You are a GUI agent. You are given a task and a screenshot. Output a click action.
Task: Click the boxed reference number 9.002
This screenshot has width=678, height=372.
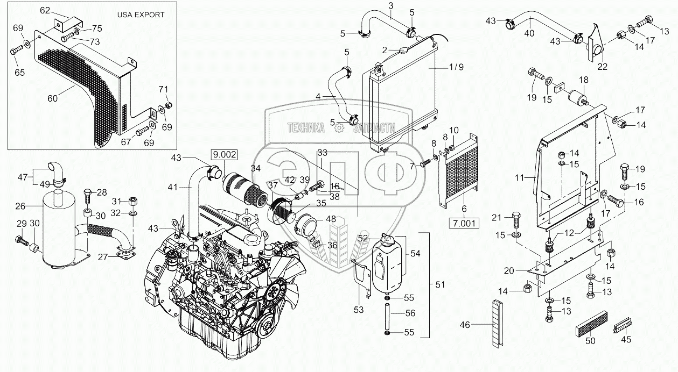tap(225, 154)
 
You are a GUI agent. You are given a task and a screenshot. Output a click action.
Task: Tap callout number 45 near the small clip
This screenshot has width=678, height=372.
tap(625, 339)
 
